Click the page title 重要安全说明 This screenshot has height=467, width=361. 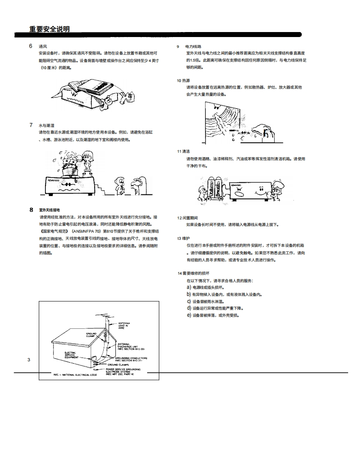click(x=49, y=29)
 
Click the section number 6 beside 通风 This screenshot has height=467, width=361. click(x=31, y=46)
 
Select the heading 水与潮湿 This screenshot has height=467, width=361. click(x=47, y=125)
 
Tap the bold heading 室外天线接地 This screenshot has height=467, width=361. click(x=50, y=210)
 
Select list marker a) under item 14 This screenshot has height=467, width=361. click(x=189, y=287)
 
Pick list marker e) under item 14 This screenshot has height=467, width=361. click(x=189, y=315)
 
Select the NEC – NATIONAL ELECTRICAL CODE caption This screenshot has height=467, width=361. click(x=75, y=375)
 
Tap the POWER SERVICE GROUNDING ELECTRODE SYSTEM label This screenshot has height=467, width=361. click(x=123, y=371)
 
